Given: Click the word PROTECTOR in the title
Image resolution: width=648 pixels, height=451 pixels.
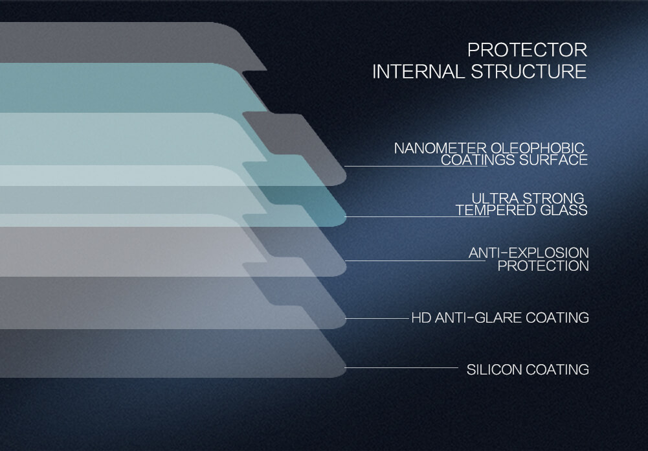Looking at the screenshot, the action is [x=528, y=50].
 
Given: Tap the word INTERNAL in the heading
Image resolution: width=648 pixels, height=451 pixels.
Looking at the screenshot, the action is [x=419, y=71].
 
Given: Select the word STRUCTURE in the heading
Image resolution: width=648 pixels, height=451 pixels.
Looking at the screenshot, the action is [x=529, y=71].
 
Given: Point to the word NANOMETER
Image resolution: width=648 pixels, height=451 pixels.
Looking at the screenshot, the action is [x=440, y=148].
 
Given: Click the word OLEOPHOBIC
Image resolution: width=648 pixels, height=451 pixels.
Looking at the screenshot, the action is [x=537, y=148].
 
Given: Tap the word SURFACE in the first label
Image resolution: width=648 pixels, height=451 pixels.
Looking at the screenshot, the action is [x=553, y=160].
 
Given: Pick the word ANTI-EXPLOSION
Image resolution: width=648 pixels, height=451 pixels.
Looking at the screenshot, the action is [x=529, y=253].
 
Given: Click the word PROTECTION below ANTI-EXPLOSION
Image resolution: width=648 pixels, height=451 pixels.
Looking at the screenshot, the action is [x=543, y=266].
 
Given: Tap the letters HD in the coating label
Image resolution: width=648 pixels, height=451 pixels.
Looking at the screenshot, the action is [x=421, y=318].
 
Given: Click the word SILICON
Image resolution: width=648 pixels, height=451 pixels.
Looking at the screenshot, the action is [x=494, y=369].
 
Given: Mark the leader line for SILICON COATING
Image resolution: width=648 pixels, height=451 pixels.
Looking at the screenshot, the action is [x=401, y=367].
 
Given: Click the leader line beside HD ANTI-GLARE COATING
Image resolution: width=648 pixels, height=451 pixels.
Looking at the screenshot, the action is [x=377, y=319].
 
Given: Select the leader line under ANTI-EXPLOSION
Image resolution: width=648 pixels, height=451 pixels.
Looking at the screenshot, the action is [x=415, y=260].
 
